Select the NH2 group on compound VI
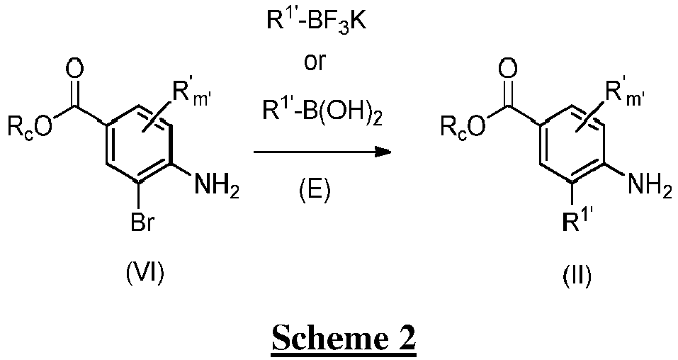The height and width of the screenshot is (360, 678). (x=217, y=187)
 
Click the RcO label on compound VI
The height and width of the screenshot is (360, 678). (x=30, y=126)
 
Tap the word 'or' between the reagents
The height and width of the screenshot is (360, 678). (x=315, y=63)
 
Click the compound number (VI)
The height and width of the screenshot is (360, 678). (x=145, y=274)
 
